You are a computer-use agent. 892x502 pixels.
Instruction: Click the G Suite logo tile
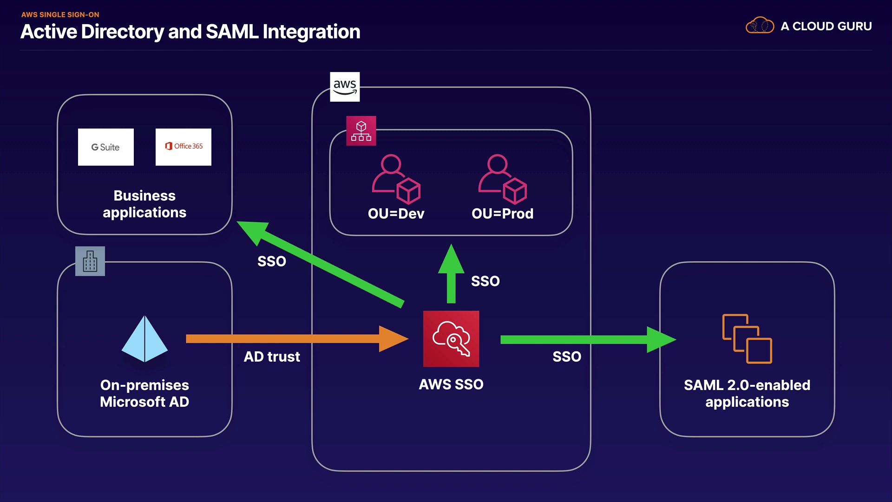click(x=105, y=147)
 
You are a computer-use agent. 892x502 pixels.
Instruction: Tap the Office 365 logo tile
click(x=183, y=147)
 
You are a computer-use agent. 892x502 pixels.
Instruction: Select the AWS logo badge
click(x=345, y=86)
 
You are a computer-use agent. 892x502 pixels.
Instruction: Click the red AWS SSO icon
click(x=451, y=338)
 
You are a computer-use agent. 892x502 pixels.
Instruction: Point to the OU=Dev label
click(x=396, y=214)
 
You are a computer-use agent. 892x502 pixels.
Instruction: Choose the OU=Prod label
click(x=502, y=214)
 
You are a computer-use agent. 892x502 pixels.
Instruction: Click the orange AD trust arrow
click(x=297, y=339)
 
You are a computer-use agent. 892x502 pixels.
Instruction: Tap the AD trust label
click(x=272, y=357)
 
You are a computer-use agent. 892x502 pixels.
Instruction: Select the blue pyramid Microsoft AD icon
click(x=144, y=339)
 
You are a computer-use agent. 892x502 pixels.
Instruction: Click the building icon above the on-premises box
click(x=90, y=261)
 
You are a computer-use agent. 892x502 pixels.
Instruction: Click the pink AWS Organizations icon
click(x=361, y=131)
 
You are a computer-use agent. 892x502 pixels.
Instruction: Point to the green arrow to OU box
click(x=451, y=274)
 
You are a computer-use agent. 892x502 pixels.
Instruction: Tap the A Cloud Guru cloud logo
click(x=760, y=26)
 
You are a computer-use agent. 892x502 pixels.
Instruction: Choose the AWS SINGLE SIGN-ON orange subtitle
click(x=60, y=14)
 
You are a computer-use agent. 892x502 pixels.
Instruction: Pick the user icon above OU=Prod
click(x=502, y=179)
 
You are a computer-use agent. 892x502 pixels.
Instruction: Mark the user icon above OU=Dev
click(x=396, y=179)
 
